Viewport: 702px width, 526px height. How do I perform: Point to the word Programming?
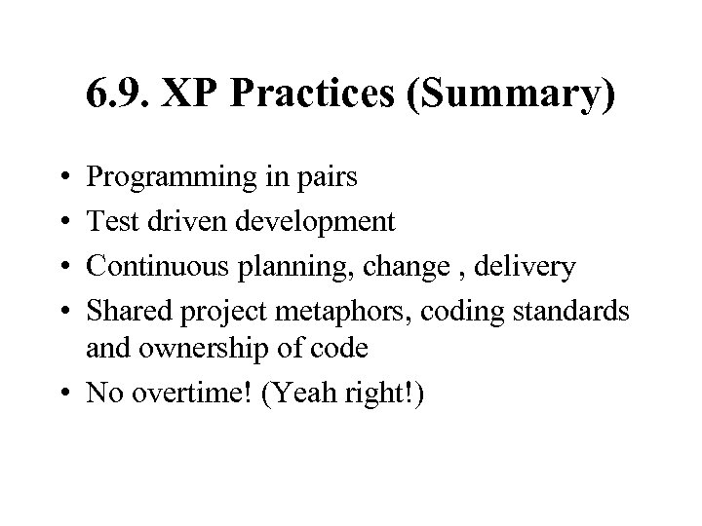[168, 178]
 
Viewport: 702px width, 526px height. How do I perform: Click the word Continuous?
[151, 267]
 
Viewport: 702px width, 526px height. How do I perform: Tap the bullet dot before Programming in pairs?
[63, 178]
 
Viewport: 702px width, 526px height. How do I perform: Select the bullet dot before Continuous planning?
[63, 267]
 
